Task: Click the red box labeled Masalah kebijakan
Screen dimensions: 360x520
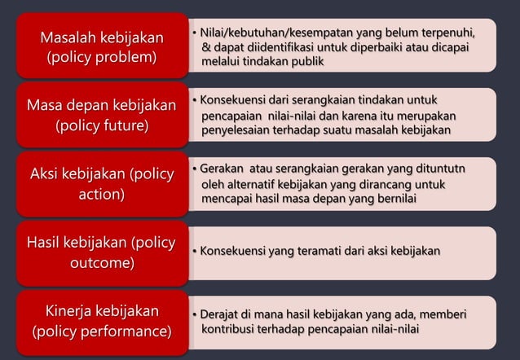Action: pyautogui.click(x=102, y=47)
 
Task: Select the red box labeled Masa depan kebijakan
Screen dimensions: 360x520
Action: pyautogui.click(x=102, y=116)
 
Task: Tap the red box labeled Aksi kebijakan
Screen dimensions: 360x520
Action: pyautogui.click(x=102, y=184)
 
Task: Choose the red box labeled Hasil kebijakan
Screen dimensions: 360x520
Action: pyautogui.click(x=102, y=252)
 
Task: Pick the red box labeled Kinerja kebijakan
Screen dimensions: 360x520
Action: pyautogui.click(x=102, y=321)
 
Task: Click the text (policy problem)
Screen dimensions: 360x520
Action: pyautogui.click(x=102, y=59)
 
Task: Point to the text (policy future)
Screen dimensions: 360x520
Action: pyautogui.click(x=102, y=126)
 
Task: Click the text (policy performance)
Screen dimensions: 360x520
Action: pyautogui.click(x=102, y=331)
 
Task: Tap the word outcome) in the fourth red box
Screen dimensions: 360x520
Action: pyautogui.click(x=102, y=264)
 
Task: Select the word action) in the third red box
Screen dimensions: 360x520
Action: pyautogui.click(x=102, y=195)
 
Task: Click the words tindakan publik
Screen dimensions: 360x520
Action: pyautogui.click(x=282, y=61)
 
